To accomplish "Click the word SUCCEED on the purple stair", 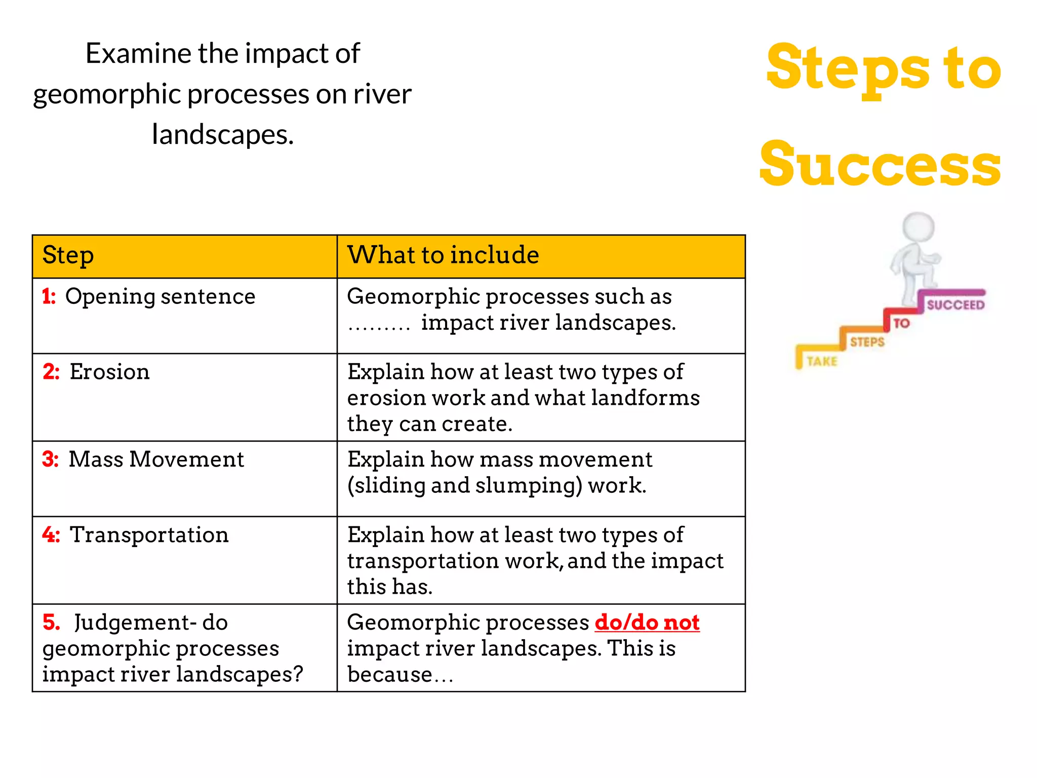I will click(x=955, y=304).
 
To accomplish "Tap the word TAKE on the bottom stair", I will click(x=822, y=361).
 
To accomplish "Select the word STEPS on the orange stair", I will click(x=867, y=342).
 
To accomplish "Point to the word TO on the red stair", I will click(x=901, y=323).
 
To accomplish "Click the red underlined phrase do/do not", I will click(x=647, y=622).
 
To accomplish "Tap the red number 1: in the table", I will click(x=49, y=296).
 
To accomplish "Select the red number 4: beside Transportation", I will click(x=51, y=535).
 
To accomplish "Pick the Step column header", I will click(x=68, y=255).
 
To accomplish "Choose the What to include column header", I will click(x=443, y=255).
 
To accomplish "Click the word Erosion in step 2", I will click(x=109, y=372).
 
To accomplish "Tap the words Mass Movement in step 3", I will click(x=156, y=459).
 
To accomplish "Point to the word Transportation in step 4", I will click(x=149, y=535).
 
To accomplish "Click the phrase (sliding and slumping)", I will click(x=464, y=485).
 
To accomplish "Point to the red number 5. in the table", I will click(x=51, y=623).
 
